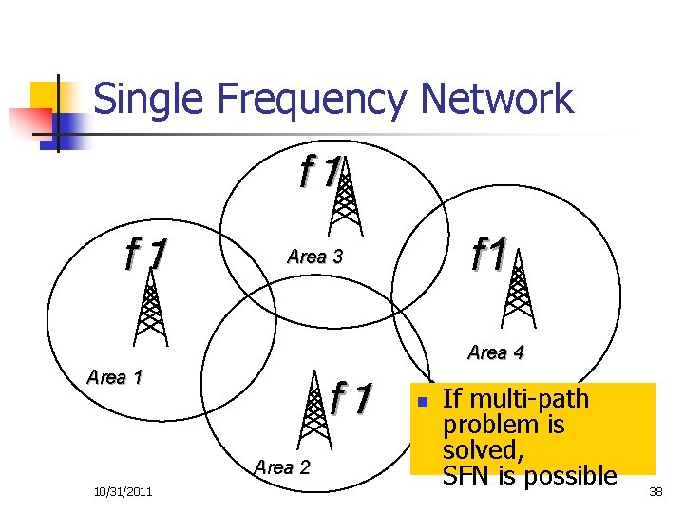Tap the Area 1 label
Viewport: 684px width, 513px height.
114,376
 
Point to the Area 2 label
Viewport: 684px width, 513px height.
282,466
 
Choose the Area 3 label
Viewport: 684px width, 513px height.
314,256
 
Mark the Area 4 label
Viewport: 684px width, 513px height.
496,352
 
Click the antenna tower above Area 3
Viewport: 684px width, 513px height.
344,197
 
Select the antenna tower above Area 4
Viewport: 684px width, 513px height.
518,292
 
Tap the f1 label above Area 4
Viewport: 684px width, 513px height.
489,255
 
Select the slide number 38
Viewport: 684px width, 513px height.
655,491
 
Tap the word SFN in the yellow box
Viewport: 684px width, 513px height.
465,474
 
